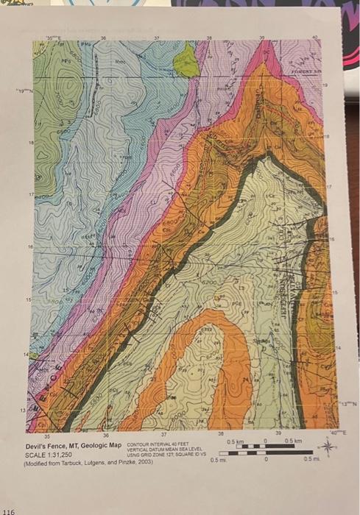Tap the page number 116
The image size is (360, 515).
[x=10, y=509]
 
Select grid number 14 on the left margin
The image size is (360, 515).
[x=32, y=355]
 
